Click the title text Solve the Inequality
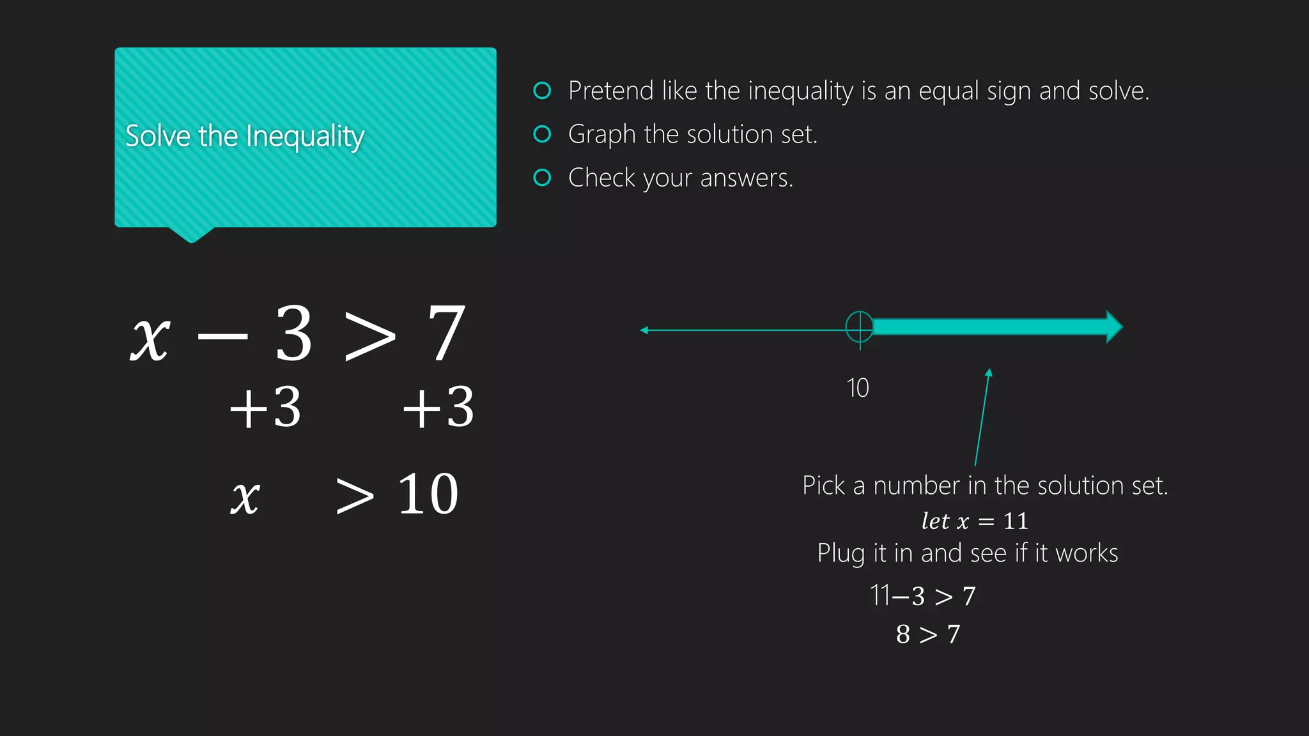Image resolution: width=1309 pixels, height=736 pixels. tap(245, 137)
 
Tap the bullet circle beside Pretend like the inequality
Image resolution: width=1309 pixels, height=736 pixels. tap(542, 91)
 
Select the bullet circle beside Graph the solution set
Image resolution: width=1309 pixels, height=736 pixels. tap(542, 134)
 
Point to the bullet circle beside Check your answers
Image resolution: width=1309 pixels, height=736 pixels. tap(542, 178)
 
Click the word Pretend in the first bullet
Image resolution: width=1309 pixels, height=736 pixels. tap(610, 91)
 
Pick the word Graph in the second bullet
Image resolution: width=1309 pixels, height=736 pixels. tap(602, 135)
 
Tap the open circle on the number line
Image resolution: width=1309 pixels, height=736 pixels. tap(860, 327)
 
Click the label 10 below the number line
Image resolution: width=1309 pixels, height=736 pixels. tap(858, 388)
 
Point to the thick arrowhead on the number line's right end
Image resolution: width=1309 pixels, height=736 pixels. tap(1114, 327)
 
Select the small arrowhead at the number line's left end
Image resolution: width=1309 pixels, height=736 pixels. tap(644, 330)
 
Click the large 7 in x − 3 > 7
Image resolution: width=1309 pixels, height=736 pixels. tap(446, 333)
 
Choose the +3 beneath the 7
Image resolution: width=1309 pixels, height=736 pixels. tap(438, 407)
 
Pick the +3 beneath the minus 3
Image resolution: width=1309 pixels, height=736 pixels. tap(265, 407)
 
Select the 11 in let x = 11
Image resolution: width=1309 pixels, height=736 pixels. tap(1016, 521)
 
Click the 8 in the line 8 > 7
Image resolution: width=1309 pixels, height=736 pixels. tap(902, 634)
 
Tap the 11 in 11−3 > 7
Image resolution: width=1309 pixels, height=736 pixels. tap(880, 595)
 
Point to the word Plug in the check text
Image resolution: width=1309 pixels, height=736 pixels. tap(840, 554)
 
